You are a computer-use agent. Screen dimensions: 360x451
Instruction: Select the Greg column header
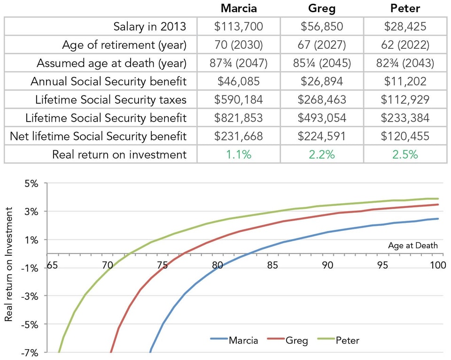click(x=322, y=8)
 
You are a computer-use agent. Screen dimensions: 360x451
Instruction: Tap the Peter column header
click(x=405, y=8)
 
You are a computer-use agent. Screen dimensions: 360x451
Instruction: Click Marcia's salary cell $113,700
click(x=238, y=26)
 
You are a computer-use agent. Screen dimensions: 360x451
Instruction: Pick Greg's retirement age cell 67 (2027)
click(x=322, y=45)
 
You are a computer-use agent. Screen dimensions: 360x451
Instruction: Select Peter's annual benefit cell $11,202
click(x=405, y=81)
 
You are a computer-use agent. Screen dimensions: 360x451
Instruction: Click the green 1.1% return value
click(x=238, y=154)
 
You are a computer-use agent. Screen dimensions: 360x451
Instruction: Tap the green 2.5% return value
click(x=405, y=154)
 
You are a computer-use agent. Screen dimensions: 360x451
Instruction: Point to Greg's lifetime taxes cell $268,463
click(x=322, y=100)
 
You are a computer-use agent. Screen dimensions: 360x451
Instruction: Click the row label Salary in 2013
click(x=150, y=26)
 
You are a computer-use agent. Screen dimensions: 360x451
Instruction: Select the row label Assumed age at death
click(x=112, y=63)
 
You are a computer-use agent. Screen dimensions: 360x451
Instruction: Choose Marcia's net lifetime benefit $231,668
click(x=238, y=136)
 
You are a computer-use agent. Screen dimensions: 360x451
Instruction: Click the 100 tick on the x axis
click(x=437, y=265)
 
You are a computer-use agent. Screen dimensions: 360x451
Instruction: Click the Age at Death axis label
click(x=413, y=245)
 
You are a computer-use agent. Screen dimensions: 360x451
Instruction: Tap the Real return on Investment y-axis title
click(x=8, y=268)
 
